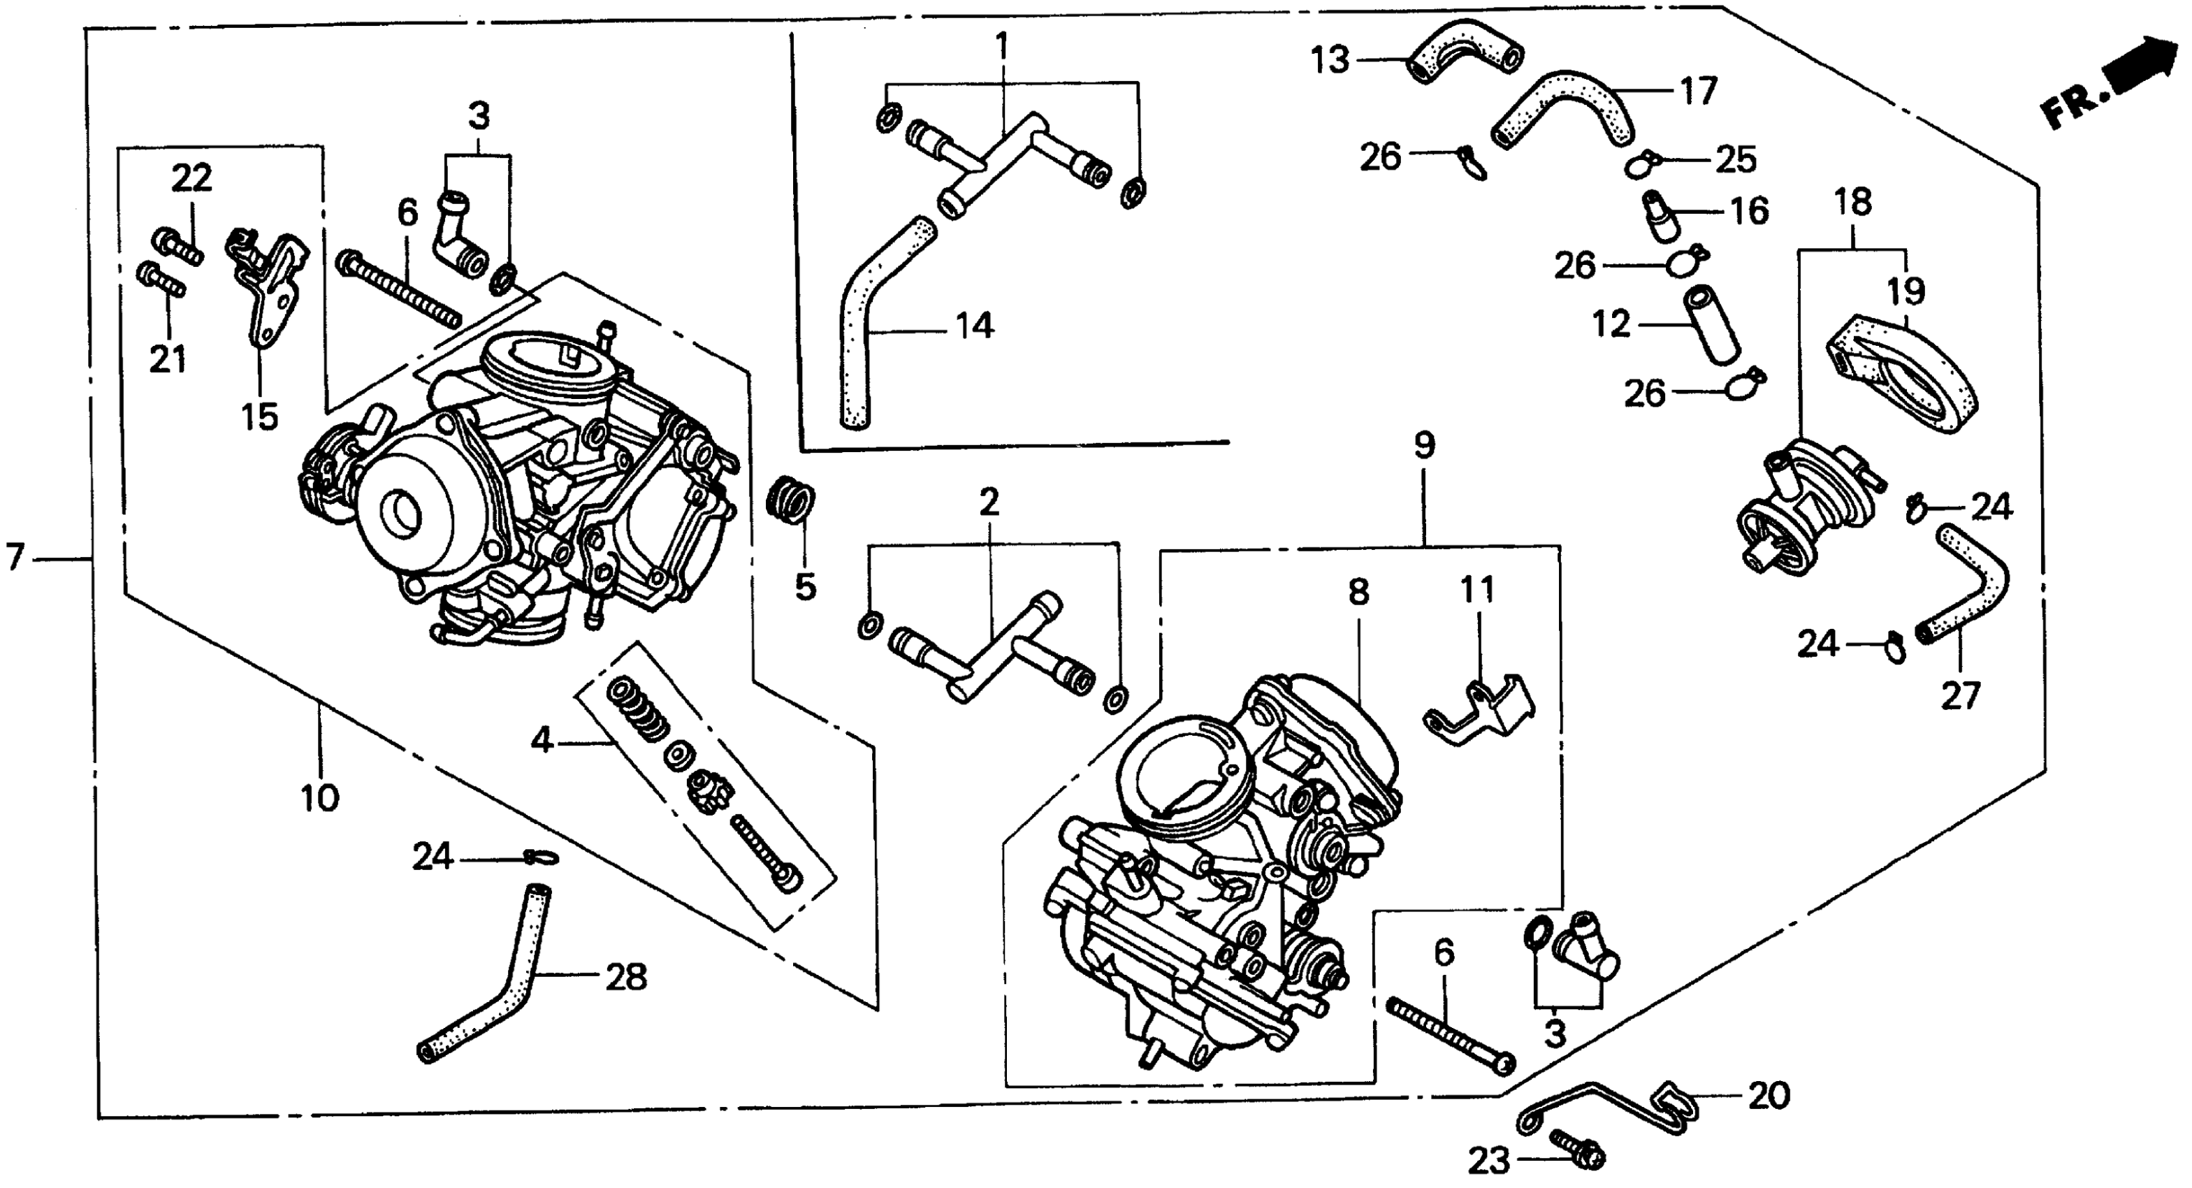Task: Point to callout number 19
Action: coord(1906,292)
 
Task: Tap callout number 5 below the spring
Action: coord(805,586)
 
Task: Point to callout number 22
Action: coord(191,179)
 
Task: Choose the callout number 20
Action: coord(1769,1096)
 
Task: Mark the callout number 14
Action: coord(974,326)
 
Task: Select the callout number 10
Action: coord(320,798)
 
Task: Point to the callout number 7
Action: coord(15,558)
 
